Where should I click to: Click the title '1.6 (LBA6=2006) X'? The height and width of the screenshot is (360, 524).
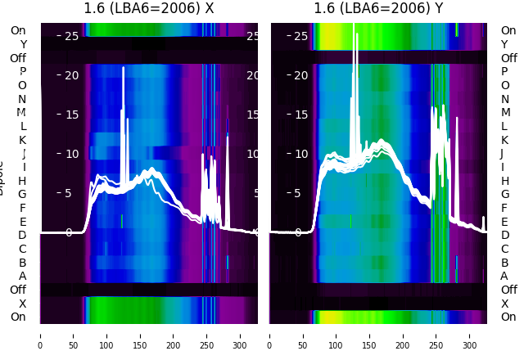point(149,9)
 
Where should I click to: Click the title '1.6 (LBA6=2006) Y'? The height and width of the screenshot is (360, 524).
point(378,9)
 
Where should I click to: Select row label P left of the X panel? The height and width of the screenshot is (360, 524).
point(22,72)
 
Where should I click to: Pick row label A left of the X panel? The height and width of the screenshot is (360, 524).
point(22,276)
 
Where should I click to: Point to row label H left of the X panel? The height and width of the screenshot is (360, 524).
point(22,181)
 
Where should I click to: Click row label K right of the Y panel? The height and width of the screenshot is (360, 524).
point(504,140)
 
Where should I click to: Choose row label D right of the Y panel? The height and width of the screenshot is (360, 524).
point(504,236)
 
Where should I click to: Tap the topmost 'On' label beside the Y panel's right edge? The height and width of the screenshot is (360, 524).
point(508,30)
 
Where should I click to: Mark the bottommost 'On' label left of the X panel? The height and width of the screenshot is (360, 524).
point(18,317)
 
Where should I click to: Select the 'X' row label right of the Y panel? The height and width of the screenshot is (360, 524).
point(504,304)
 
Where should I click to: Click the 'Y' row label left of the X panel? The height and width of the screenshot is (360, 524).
point(23,44)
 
